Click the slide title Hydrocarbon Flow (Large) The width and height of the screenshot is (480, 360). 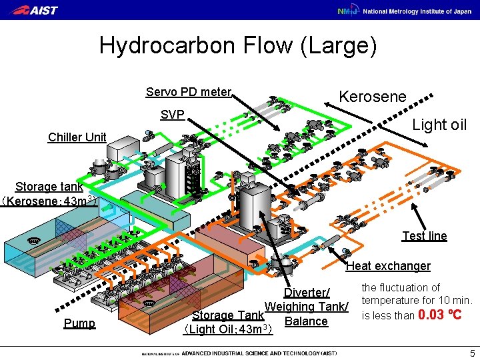238,46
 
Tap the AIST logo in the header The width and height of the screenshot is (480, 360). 35,10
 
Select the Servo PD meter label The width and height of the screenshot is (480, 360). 189,92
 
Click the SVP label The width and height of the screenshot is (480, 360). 173,115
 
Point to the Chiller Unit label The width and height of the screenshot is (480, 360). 77,137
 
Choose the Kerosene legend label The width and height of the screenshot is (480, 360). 373,97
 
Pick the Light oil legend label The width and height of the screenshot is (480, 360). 439,125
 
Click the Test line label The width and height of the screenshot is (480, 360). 425,236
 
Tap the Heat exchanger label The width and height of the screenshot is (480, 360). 388,266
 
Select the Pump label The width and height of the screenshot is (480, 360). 79,323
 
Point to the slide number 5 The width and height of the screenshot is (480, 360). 472,353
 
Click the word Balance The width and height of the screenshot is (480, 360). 306,321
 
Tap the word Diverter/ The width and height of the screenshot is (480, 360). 307,293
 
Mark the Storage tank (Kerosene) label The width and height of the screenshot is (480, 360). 49,193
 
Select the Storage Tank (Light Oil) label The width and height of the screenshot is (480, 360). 227,322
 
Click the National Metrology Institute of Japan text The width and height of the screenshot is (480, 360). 417,11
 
